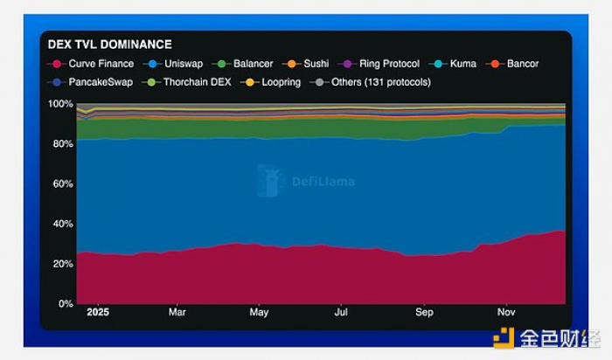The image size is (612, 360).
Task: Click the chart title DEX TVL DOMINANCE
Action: (x=109, y=45)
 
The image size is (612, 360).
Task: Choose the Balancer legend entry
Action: (x=246, y=64)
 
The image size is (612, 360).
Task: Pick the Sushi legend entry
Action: (x=309, y=64)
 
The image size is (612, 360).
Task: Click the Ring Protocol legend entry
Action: (x=381, y=64)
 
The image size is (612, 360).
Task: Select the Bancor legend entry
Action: (x=516, y=64)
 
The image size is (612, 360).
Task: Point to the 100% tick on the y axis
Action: (x=62, y=104)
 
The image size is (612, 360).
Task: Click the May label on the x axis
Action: (x=259, y=312)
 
